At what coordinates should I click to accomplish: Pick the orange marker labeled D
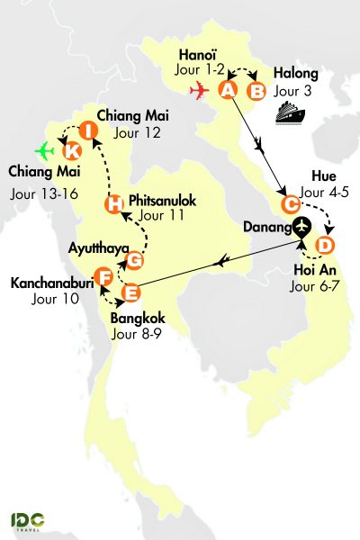click(x=326, y=245)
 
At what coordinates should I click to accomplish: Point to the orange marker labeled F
click(x=104, y=276)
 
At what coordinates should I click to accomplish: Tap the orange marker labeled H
click(x=113, y=205)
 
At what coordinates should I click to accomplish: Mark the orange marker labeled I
click(x=87, y=130)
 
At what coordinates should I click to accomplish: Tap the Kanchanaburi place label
click(x=49, y=283)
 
